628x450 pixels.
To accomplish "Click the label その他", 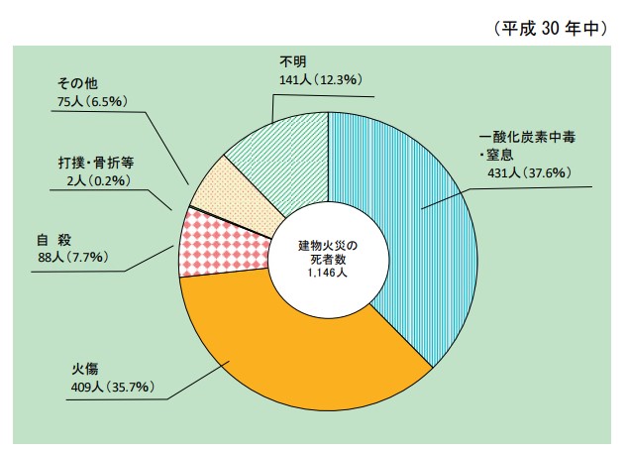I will [x=77, y=83].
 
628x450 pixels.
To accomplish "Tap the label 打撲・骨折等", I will [x=95, y=162].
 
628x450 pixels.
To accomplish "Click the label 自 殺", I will [x=53, y=240].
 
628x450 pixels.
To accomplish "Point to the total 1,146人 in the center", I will [x=327, y=274].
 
